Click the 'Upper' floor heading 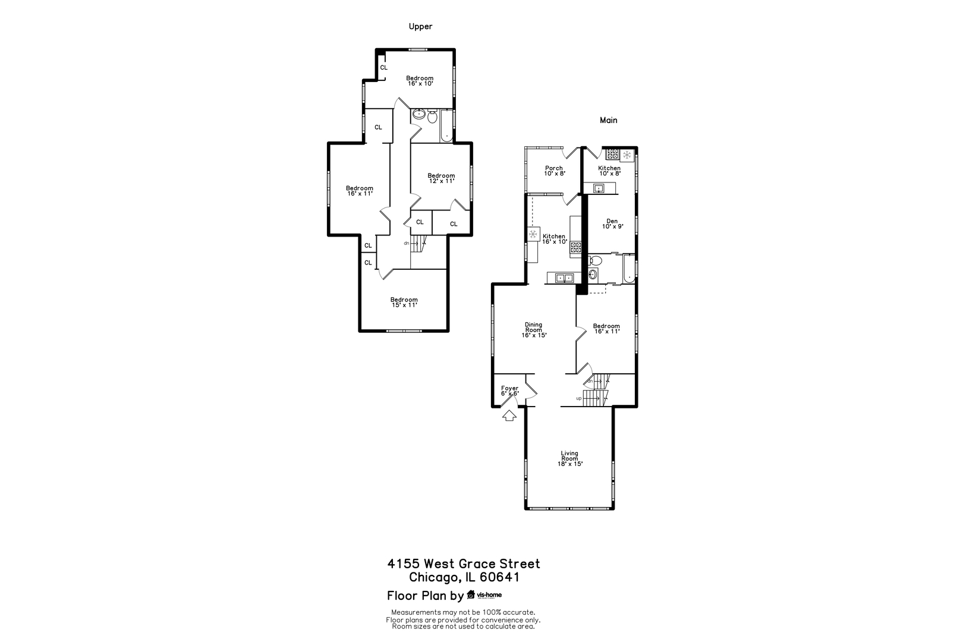click(x=420, y=26)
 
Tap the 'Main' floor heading click(x=608, y=120)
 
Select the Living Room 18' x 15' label click(x=569, y=458)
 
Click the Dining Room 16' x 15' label click(x=533, y=330)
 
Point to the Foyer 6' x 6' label click(x=509, y=391)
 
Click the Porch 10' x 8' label click(x=553, y=171)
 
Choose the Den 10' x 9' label click(x=612, y=224)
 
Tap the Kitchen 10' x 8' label click(x=609, y=171)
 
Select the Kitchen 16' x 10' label click(x=554, y=239)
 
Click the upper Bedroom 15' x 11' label click(x=404, y=302)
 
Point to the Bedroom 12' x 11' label click(x=441, y=178)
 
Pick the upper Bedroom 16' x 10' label click(x=420, y=81)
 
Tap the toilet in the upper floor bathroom click(x=432, y=117)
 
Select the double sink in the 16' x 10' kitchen click(x=564, y=278)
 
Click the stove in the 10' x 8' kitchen click(x=612, y=155)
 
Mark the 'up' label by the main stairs click(x=578, y=398)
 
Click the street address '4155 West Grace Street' click(x=464, y=564)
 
